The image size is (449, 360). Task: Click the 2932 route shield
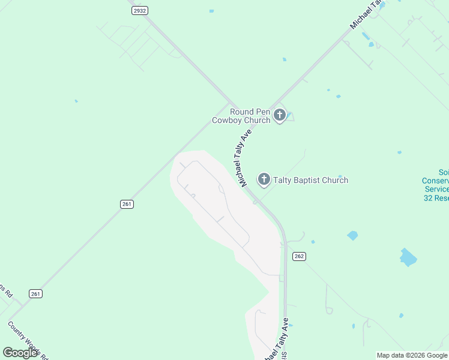[x=140, y=11]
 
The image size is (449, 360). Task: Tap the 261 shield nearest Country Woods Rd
[x=35, y=293]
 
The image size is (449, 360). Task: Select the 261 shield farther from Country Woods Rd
[x=127, y=204]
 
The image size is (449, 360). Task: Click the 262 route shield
[x=300, y=256]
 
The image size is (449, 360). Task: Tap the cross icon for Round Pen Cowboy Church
[x=279, y=115]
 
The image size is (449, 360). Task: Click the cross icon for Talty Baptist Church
[x=264, y=179]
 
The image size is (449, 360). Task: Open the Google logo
[x=21, y=353]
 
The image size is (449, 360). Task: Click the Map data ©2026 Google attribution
[x=412, y=355]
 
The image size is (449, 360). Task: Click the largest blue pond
[x=408, y=257]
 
